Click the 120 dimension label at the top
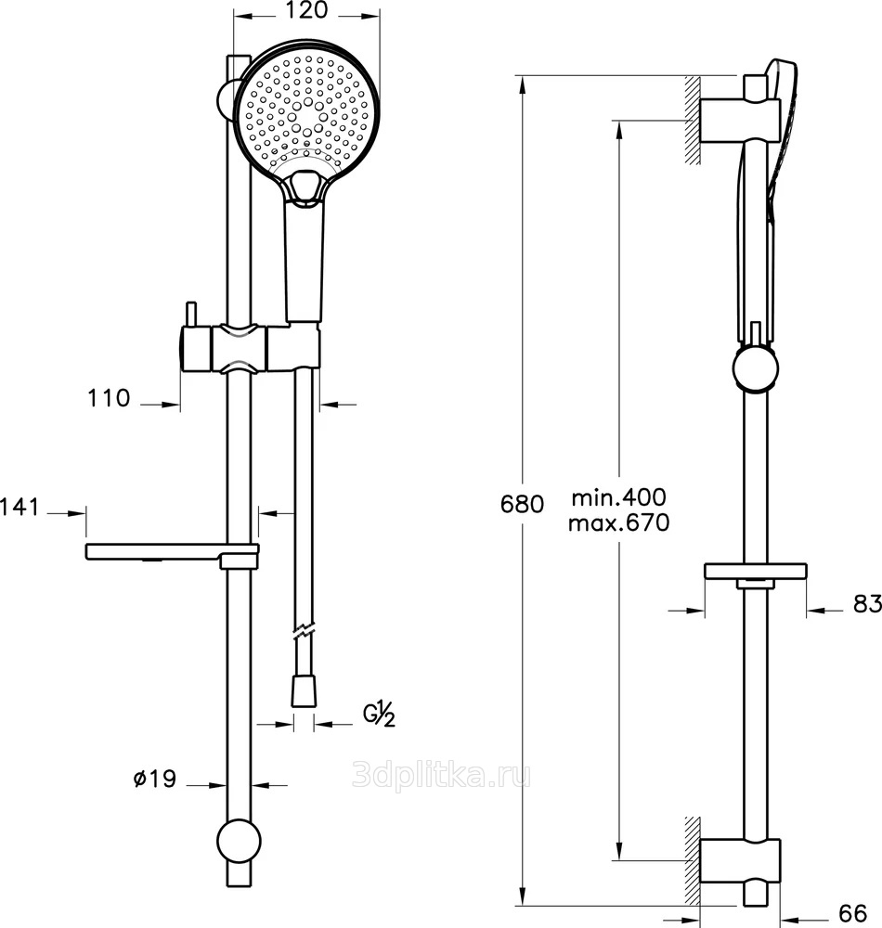(306, 10)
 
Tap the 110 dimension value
(109, 398)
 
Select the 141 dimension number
(19, 508)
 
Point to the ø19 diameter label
(154, 779)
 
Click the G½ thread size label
(379, 715)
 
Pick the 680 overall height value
(522, 504)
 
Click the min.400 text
(618, 497)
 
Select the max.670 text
(618, 522)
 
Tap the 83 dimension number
(867, 604)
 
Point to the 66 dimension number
(853, 912)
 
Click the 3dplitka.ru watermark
(441, 775)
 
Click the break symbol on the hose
(305, 630)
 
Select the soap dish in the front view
(173, 553)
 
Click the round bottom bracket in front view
(240, 841)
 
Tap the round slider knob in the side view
(756, 368)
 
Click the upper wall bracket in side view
(740, 120)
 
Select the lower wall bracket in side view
(740, 860)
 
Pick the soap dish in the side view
(756, 573)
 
